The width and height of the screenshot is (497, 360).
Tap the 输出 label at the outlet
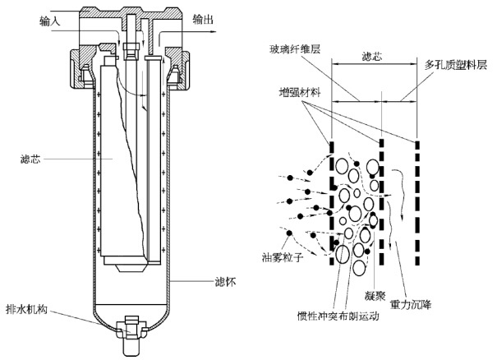(205, 16)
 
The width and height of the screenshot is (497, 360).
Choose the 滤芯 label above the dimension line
(371, 58)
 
